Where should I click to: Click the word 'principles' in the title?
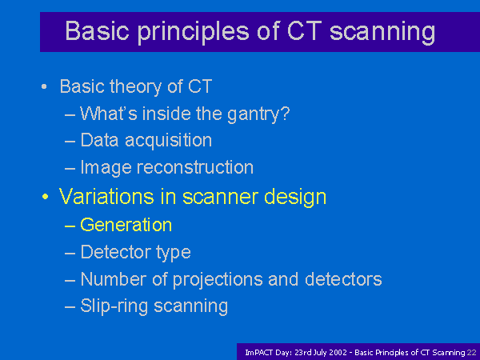coord(193,32)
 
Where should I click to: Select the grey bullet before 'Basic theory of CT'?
coord(44,86)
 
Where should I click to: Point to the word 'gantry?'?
coord(258,114)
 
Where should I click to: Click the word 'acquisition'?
coord(168,141)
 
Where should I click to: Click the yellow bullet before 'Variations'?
coord(45,197)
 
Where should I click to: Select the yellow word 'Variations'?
coord(106,196)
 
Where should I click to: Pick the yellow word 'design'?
coord(295,198)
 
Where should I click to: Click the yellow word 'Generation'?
coord(126,225)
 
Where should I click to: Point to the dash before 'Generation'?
coord(70,226)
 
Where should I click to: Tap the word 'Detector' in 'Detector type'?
coord(116,252)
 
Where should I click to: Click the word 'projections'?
coord(218,280)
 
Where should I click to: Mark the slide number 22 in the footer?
coord(472,353)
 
